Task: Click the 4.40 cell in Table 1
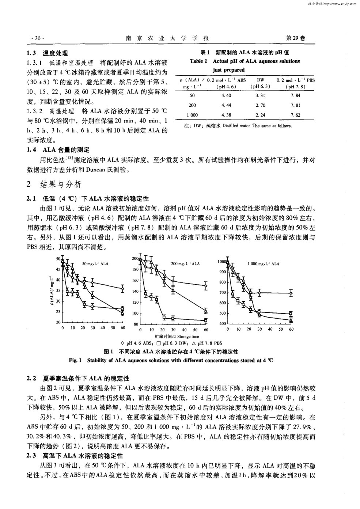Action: [x=226, y=96]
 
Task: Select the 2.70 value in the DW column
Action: [x=260, y=105]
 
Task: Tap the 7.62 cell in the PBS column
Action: [x=296, y=115]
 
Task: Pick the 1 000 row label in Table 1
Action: [x=192, y=115]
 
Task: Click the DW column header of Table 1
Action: [x=260, y=80]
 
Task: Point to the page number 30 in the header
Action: [x=38, y=38]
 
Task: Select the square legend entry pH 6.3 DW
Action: [x=172, y=343]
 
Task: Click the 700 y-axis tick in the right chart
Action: [x=222, y=293]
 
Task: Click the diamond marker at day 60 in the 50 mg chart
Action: [x=123, y=289]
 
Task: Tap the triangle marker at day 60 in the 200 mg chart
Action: [x=206, y=311]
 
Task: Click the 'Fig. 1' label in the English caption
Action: [x=75, y=360]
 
